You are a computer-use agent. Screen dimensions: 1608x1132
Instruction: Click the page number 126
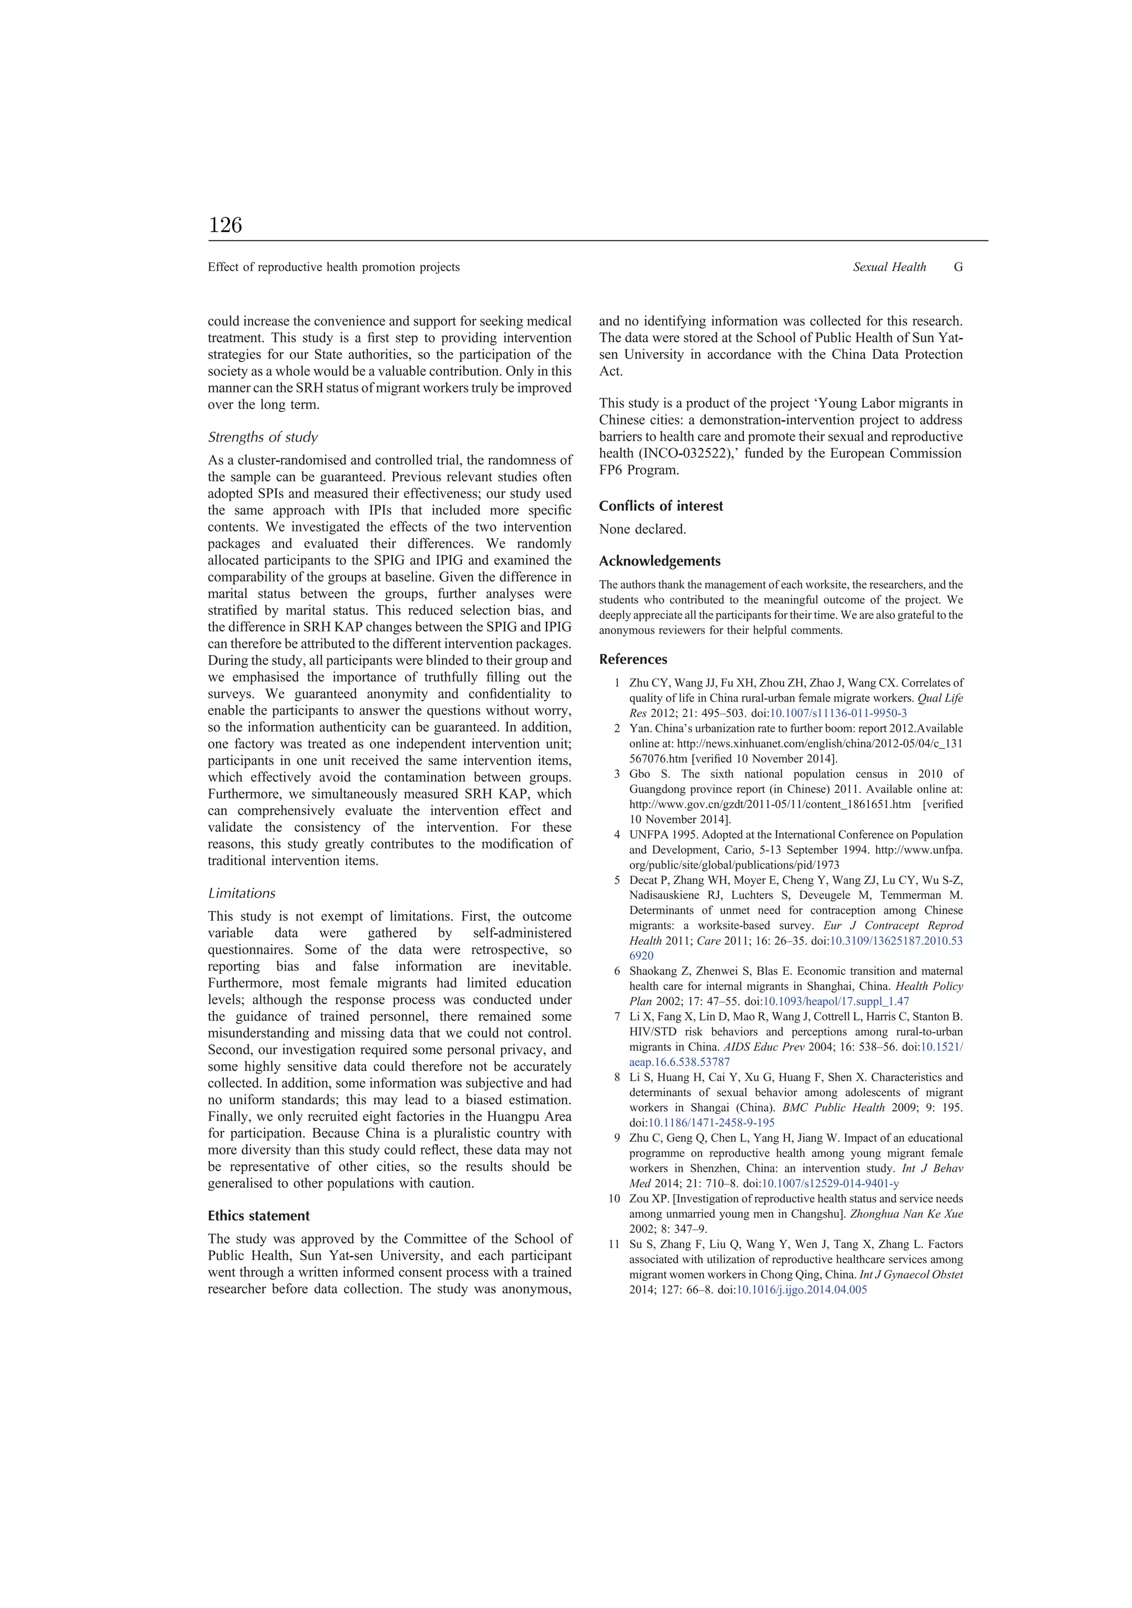click(225, 225)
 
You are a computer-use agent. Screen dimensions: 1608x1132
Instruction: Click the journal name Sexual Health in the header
click(889, 267)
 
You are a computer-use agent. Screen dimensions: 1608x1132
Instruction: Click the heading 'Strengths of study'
click(263, 437)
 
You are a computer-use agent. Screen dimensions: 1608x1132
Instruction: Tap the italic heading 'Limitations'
click(242, 893)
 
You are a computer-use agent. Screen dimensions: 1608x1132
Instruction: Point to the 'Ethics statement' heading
click(259, 1216)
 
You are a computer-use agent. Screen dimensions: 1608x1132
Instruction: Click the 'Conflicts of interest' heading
click(661, 506)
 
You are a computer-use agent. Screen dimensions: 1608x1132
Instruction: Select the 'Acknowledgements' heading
click(659, 561)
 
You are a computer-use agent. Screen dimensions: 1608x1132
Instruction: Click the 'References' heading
click(632, 659)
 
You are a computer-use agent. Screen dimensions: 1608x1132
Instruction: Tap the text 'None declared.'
click(642, 530)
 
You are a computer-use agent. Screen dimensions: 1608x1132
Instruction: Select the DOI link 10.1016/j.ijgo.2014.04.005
click(801, 1290)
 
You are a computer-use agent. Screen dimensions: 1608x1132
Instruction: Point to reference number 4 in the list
click(617, 835)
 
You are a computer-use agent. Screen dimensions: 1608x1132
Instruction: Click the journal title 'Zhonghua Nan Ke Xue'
click(906, 1214)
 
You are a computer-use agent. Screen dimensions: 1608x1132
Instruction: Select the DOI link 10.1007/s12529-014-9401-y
click(830, 1183)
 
